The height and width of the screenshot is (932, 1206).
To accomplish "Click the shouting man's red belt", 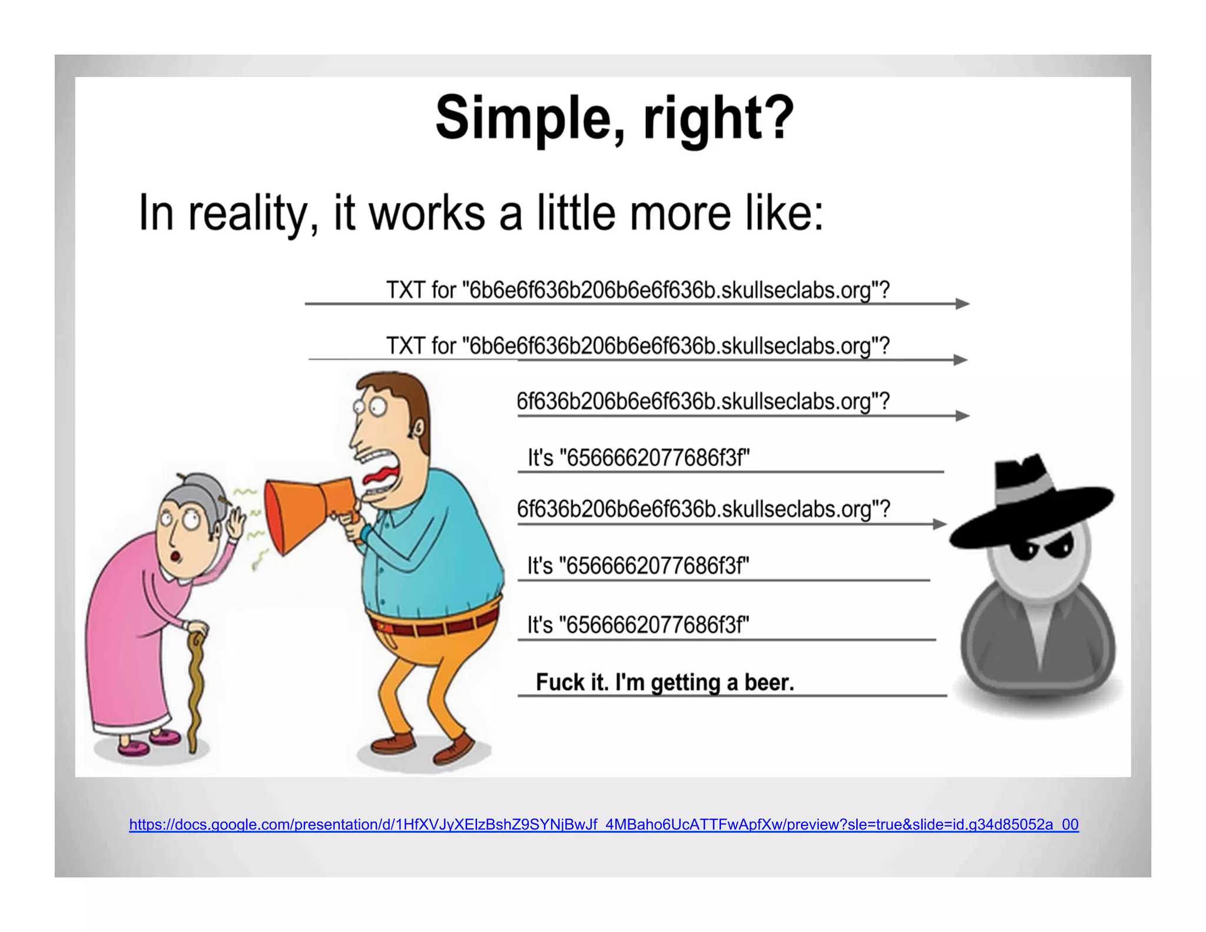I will (x=433, y=625).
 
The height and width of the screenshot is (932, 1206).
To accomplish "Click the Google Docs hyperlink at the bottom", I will (x=604, y=824).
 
